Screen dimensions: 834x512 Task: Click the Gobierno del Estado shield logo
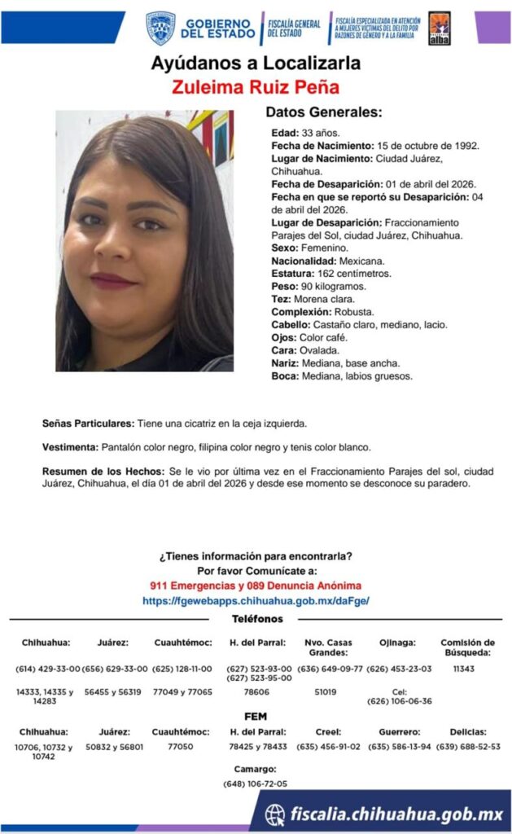(x=160, y=28)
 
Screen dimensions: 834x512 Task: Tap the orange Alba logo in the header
(x=439, y=28)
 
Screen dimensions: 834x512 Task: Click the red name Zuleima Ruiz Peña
(x=256, y=87)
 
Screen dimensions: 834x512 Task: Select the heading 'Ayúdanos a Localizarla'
(x=256, y=64)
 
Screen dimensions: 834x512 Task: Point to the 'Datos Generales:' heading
(x=323, y=112)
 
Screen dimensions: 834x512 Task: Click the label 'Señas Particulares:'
(x=88, y=424)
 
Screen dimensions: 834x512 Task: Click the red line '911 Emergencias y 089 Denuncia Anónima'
(x=256, y=586)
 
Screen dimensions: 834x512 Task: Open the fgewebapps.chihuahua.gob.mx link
(x=256, y=600)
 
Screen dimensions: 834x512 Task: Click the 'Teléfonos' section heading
(x=256, y=619)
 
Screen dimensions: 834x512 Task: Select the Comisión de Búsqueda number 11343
(x=467, y=669)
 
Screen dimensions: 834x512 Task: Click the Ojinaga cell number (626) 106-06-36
(x=399, y=700)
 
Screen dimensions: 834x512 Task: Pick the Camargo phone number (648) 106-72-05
(x=256, y=784)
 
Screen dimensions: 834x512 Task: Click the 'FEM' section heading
(x=256, y=716)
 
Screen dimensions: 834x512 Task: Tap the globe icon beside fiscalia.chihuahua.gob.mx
(x=275, y=814)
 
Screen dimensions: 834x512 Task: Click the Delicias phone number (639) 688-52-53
(x=468, y=746)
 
